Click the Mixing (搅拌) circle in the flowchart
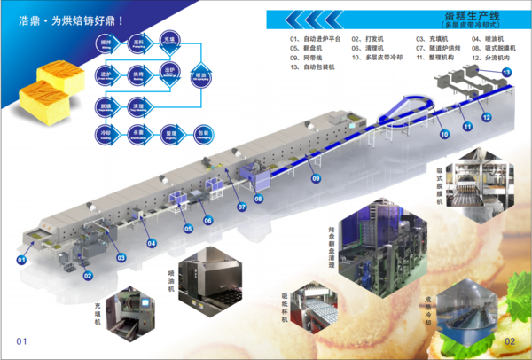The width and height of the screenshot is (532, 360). coord(106,43)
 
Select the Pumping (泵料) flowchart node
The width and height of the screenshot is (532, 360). coord(137,43)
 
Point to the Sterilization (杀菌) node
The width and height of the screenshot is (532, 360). coord(137,134)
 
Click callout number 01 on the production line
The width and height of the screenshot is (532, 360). coord(21,260)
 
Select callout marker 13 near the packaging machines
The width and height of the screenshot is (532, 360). coord(506,70)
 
